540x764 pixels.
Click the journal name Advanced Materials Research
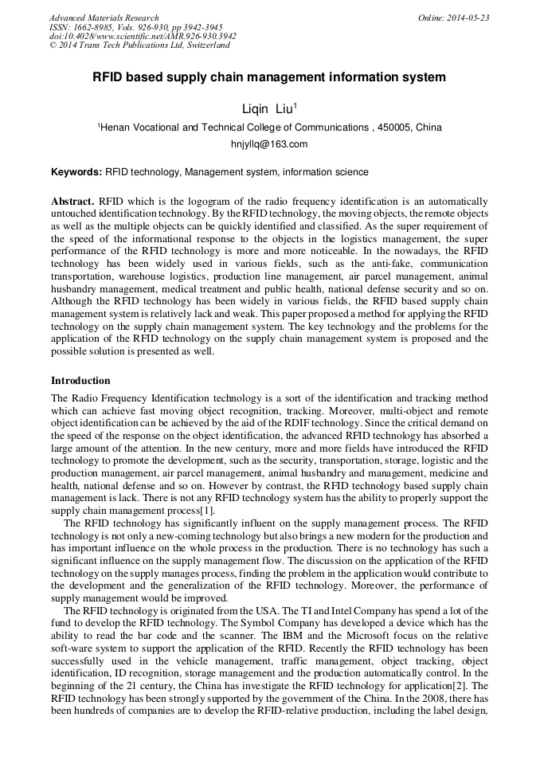click(x=104, y=18)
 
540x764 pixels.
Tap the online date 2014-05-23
click(x=467, y=18)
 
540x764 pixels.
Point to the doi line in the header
click(x=143, y=36)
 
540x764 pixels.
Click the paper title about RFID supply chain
click(x=269, y=77)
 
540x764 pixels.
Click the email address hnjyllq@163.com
click(x=268, y=144)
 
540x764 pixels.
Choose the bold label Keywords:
click(x=76, y=172)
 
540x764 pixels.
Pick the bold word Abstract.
click(x=73, y=202)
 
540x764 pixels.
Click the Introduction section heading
click(x=80, y=380)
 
